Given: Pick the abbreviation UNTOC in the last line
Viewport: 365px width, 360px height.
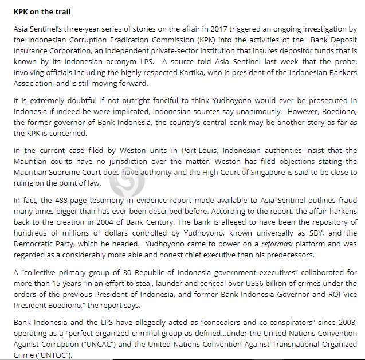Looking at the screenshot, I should pos(52,355).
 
